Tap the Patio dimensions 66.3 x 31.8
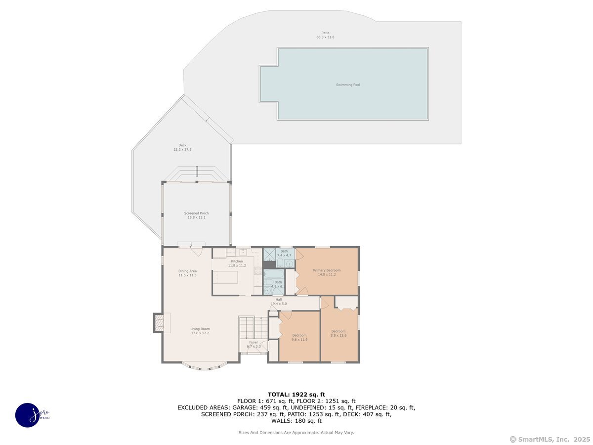click(x=325, y=38)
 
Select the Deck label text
click(x=182, y=145)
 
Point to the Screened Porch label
click(x=196, y=213)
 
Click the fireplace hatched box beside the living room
click(x=159, y=323)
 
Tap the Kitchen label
click(x=237, y=261)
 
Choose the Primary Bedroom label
click(x=327, y=270)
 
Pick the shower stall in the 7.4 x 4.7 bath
click(x=269, y=255)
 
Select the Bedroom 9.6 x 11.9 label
click(x=299, y=335)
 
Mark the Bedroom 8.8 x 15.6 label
click(x=339, y=331)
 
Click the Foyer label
click(x=254, y=342)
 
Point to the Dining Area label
click(x=187, y=271)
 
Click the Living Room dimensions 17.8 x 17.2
click(x=201, y=333)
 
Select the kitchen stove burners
click(x=258, y=271)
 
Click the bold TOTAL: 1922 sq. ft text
click(x=296, y=394)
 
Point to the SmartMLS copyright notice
click(x=550, y=439)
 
